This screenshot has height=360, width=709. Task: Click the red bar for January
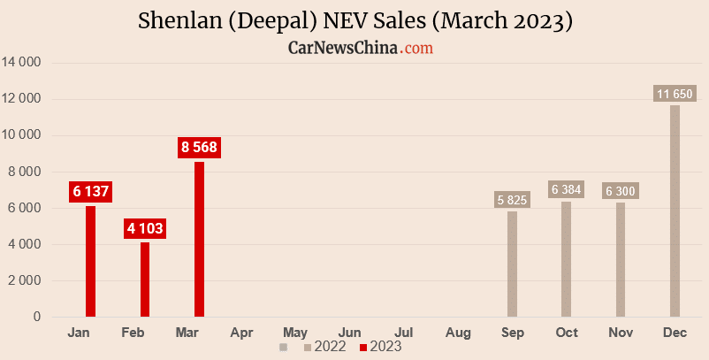90,261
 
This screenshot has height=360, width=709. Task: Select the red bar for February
145,280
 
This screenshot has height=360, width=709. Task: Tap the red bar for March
199,239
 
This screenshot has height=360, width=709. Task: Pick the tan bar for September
512,264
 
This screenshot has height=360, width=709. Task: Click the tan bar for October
566,258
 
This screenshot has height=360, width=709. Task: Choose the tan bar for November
621,259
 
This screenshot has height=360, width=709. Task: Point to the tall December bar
675,211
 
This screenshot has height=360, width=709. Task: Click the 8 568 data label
199,148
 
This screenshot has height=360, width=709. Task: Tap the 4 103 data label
145,228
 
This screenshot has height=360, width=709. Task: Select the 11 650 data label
675,94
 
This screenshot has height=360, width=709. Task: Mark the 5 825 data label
512,200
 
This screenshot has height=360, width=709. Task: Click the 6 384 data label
566,189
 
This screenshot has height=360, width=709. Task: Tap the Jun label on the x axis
349,333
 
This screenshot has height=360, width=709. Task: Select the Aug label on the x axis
458,333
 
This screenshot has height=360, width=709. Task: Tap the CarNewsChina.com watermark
361,48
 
